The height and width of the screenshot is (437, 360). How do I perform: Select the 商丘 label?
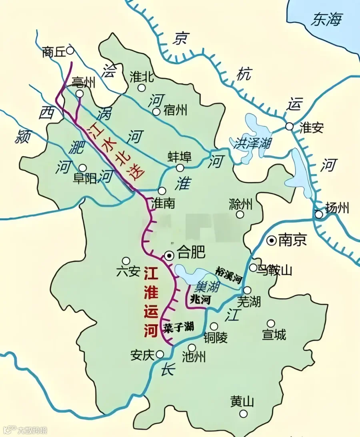pyautogui.click(x=53, y=52)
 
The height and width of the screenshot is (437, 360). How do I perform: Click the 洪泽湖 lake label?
pyautogui.click(x=253, y=143)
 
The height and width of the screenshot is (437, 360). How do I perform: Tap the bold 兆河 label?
pyautogui.click(x=200, y=299)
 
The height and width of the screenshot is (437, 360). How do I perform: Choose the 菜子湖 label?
pyautogui.click(x=178, y=327)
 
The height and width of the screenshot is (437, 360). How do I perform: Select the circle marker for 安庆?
pyautogui.click(x=160, y=354)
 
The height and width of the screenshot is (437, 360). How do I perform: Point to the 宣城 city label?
pyautogui.click(x=274, y=335)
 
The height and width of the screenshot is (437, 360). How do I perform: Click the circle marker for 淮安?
pyautogui.click(x=289, y=127)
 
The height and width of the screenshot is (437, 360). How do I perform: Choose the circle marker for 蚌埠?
pyautogui.click(x=180, y=168)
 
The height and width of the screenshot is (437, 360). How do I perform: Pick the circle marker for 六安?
pyautogui.click(x=126, y=261)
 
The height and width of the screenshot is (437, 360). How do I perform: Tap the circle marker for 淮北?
pyautogui.click(x=141, y=88)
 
